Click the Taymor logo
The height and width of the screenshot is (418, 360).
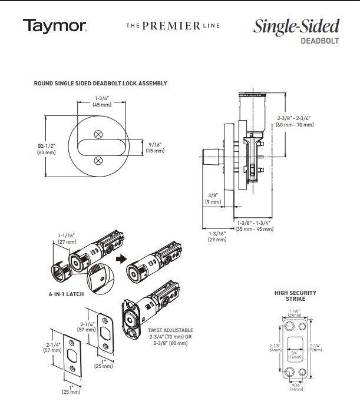point(55,26)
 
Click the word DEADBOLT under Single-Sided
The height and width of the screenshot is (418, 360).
point(321,41)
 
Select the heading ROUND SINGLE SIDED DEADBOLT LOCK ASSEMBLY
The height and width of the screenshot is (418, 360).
point(100,84)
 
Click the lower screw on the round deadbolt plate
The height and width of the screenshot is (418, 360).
point(98,159)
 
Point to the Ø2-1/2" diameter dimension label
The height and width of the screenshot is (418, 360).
point(47,149)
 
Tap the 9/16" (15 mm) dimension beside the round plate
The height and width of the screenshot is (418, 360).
point(156,148)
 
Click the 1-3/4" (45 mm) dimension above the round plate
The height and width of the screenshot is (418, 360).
point(98,101)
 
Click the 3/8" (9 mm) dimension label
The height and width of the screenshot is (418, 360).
point(213,198)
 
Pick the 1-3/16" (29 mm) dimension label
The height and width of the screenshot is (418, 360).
point(217,237)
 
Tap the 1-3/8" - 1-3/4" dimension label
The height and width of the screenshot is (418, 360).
point(255,225)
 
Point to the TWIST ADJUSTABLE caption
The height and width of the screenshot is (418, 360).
point(169,331)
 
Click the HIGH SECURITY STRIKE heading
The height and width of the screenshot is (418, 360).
point(295,296)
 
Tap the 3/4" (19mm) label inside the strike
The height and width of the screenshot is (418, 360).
point(295,354)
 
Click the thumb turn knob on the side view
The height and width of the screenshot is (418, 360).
point(210,158)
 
